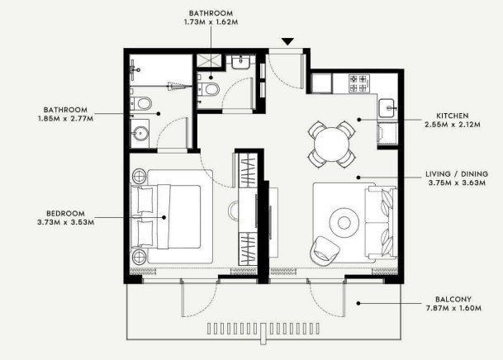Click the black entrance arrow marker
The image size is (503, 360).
pos(287,41)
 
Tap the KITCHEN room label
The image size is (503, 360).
pos(453,116)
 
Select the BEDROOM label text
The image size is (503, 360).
pos(65,214)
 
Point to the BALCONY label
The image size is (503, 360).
pos(453,300)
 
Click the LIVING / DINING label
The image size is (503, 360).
pos(457,174)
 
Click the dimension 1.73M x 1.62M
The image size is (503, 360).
pos(211,22)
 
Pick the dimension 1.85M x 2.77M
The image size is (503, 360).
pos(65,119)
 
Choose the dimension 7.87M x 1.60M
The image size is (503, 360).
pos(453,308)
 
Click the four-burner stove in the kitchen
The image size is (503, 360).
pos(358,83)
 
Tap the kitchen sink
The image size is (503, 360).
pos(387,108)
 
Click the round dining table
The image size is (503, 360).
pos(331,144)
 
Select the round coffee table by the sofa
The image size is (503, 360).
pos(344,222)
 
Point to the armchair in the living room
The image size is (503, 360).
pos(325,250)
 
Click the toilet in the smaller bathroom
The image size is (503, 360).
pos(208,89)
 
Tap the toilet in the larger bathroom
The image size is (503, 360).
pos(141,103)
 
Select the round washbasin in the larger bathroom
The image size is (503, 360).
pos(141,134)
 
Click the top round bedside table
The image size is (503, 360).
pos(140,176)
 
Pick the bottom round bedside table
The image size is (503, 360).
pos(140,256)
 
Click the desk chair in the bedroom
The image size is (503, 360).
pos(234,211)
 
